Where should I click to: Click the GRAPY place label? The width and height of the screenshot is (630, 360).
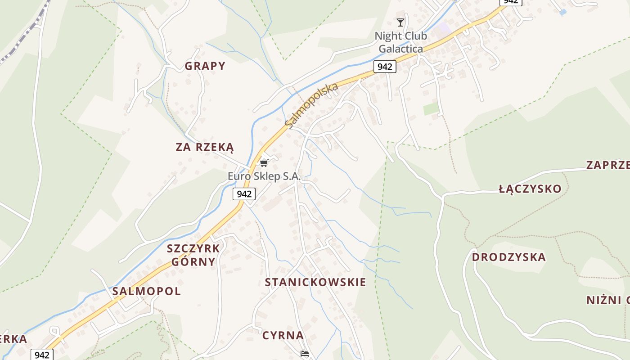click(205, 66)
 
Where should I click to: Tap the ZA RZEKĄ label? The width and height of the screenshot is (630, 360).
click(205, 147)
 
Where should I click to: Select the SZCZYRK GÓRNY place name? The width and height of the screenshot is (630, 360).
click(193, 255)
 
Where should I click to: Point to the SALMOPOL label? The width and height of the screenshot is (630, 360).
click(146, 291)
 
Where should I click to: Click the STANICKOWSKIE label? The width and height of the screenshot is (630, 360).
click(315, 282)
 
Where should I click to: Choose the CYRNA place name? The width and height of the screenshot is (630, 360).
click(283, 335)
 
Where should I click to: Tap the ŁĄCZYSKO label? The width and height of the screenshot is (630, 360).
click(530, 189)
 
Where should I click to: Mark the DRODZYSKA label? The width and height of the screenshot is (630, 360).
click(508, 257)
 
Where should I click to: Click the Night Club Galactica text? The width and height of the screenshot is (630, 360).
click(400, 42)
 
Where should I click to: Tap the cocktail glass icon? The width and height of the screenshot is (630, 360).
click(400, 22)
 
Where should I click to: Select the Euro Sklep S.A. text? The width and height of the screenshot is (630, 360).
click(264, 176)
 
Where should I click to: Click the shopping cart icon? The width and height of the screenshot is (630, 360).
click(264, 163)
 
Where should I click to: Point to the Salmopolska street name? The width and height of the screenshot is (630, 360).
click(311, 105)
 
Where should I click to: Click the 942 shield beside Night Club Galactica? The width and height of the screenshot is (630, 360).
click(384, 67)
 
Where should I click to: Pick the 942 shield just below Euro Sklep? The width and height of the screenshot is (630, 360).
click(244, 194)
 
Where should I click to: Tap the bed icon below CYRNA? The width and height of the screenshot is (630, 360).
click(305, 354)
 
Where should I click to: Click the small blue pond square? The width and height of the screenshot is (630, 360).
click(562, 12)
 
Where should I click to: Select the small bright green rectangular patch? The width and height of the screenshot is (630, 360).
click(431, 108)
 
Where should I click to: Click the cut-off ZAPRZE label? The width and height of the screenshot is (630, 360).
click(607, 165)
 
